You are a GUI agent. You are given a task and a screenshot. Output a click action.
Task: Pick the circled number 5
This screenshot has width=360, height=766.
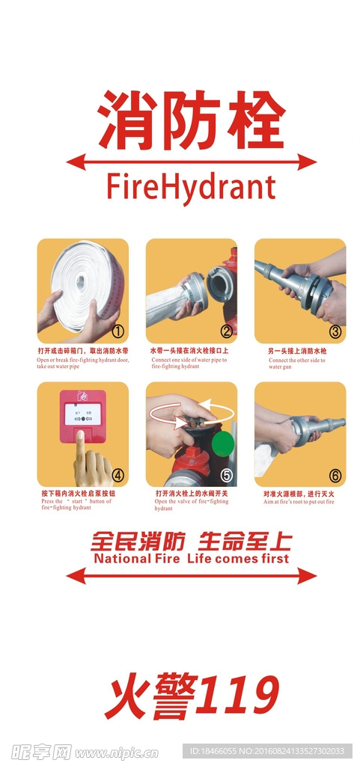[x=225, y=474]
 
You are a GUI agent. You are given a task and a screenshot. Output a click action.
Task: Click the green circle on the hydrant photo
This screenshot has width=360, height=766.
[x=223, y=443]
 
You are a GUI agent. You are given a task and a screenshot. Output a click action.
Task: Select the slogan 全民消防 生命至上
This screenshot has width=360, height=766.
[x=191, y=542]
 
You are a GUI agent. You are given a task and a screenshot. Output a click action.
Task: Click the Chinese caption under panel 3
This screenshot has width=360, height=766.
[x=297, y=351]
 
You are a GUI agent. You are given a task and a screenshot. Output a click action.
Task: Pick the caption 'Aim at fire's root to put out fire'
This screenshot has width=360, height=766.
[x=299, y=502]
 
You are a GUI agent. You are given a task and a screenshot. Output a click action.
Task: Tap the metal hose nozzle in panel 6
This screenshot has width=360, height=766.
[x=314, y=429]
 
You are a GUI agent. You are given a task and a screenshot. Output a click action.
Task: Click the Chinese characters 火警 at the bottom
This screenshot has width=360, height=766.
[x=150, y=696]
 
